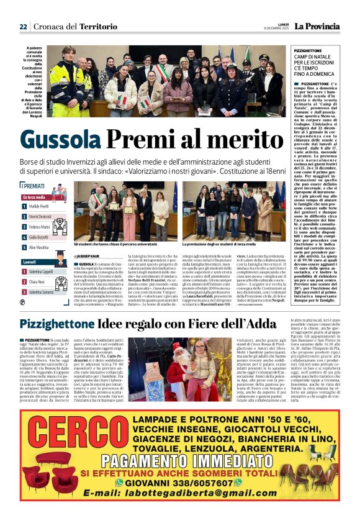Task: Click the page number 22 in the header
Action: (23, 26)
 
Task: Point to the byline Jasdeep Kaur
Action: (89, 255)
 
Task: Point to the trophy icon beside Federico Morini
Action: (24, 227)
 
